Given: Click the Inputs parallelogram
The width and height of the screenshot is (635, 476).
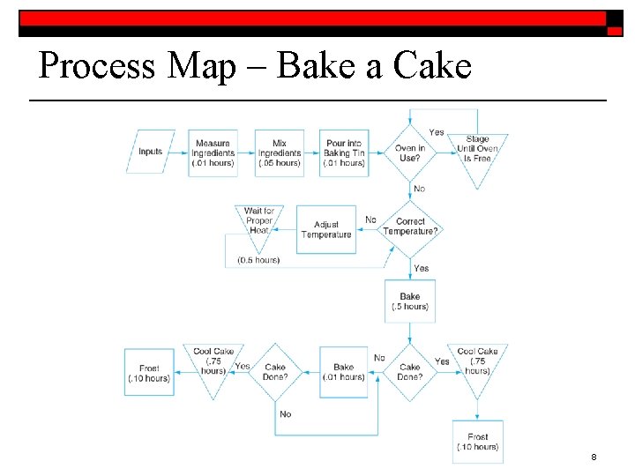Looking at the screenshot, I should (x=151, y=152).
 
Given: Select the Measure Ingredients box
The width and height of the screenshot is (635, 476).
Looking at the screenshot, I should (x=213, y=153).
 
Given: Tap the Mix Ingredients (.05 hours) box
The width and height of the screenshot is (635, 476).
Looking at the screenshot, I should (x=280, y=153).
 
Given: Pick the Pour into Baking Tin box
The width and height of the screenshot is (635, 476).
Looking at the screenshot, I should (x=344, y=153).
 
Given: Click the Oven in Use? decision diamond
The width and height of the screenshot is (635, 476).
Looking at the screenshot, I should (x=410, y=153).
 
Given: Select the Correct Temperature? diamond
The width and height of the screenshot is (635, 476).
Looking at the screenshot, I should (x=410, y=227).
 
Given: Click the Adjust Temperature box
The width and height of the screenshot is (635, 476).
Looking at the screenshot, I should (x=326, y=229).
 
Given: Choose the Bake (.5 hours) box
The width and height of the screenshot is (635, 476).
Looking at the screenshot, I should (x=410, y=301).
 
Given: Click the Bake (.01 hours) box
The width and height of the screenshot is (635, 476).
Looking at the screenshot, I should (x=344, y=372).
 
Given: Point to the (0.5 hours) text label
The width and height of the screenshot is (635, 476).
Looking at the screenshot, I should (x=258, y=260).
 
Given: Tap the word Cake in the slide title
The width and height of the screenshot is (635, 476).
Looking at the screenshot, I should (x=434, y=66).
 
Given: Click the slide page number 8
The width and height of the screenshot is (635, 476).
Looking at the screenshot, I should (x=594, y=457).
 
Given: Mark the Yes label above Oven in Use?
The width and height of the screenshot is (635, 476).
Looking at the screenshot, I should (x=437, y=132).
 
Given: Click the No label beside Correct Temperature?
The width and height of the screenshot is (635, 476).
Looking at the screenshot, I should (x=370, y=219).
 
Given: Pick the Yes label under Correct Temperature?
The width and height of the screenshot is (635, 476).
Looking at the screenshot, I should (x=422, y=268).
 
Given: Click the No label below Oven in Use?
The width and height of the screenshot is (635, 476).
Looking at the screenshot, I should (x=419, y=189).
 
